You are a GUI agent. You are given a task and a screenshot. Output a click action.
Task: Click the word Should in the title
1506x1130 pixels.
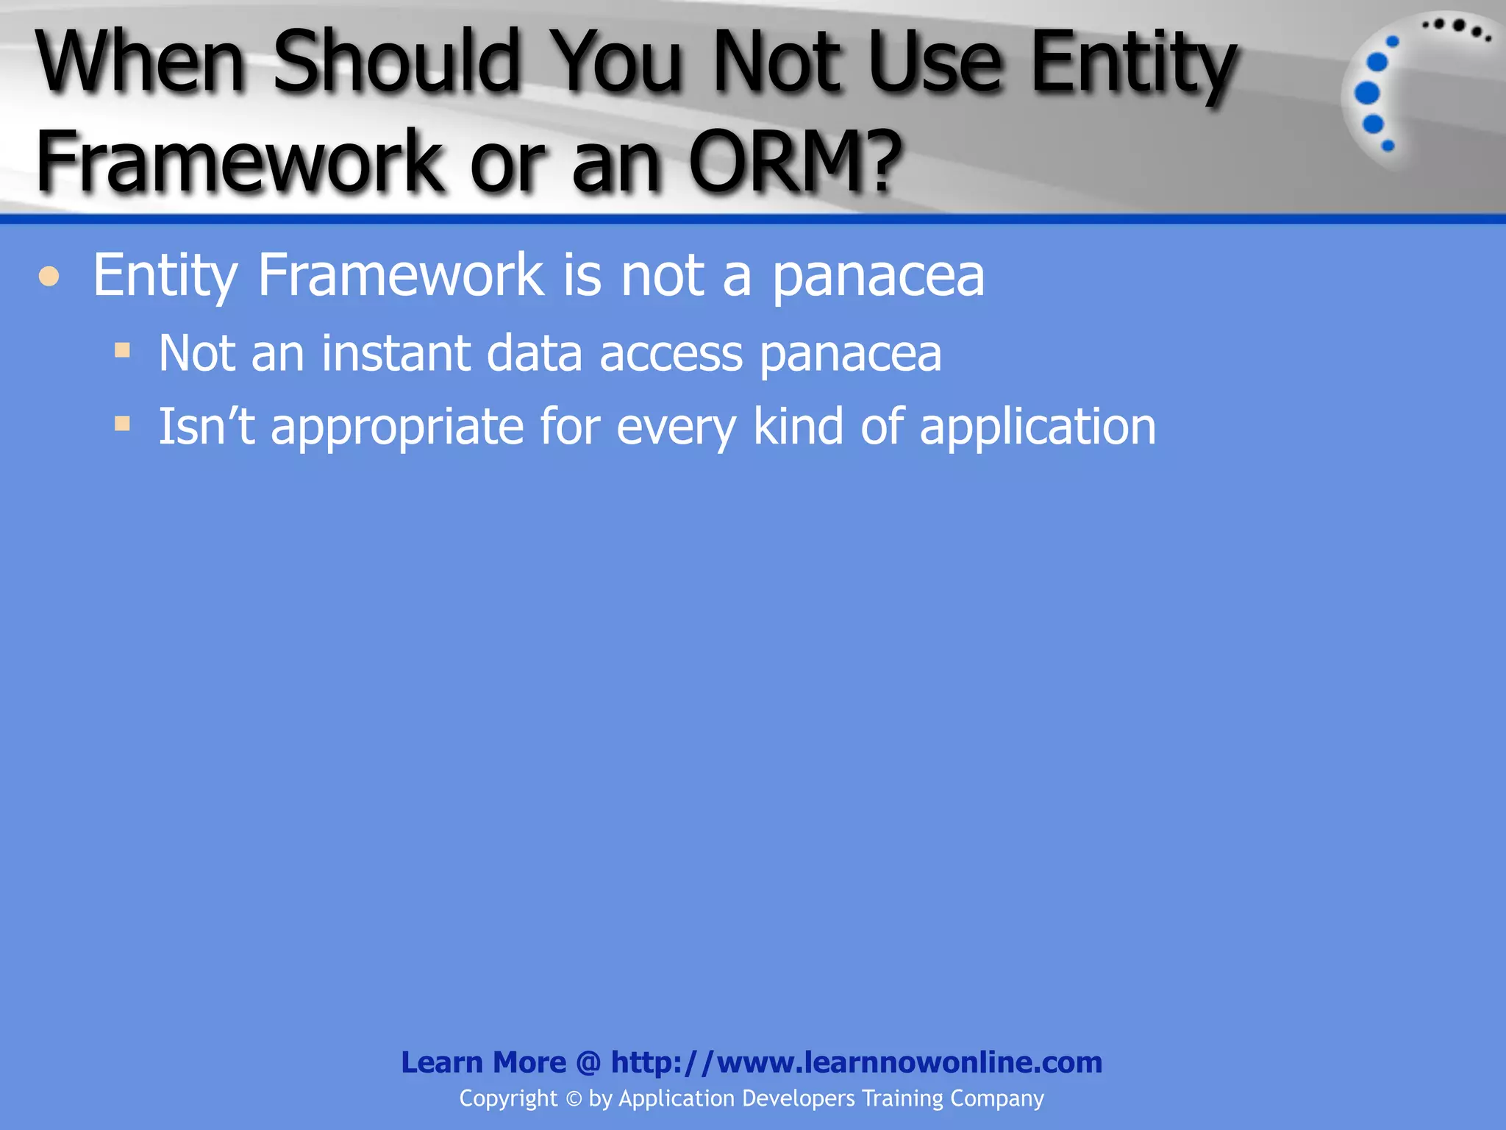(x=397, y=62)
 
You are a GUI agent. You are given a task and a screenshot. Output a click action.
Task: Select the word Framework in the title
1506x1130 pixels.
(x=240, y=160)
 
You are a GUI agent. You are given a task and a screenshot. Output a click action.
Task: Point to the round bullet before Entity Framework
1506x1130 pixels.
(x=49, y=277)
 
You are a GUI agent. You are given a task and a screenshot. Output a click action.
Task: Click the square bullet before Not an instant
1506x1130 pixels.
(x=122, y=349)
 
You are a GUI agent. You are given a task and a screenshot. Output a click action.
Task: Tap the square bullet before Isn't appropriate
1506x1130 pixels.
(x=122, y=423)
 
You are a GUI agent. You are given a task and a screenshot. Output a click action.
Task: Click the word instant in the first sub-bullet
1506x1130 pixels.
(x=396, y=353)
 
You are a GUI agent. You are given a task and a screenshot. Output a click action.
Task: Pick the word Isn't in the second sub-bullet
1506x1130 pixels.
(x=207, y=427)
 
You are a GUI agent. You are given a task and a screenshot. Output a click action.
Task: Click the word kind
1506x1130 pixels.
(x=799, y=427)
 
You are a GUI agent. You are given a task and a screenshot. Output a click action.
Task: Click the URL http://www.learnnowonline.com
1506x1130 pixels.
(x=857, y=1062)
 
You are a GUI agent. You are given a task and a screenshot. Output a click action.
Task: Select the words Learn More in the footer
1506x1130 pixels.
(x=483, y=1062)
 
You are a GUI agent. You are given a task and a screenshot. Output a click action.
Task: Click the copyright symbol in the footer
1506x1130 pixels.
(x=574, y=1099)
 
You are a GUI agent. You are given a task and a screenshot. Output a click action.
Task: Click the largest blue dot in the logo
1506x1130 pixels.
(x=1367, y=93)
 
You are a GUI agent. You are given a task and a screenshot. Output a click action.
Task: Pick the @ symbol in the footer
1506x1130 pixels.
(x=588, y=1062)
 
